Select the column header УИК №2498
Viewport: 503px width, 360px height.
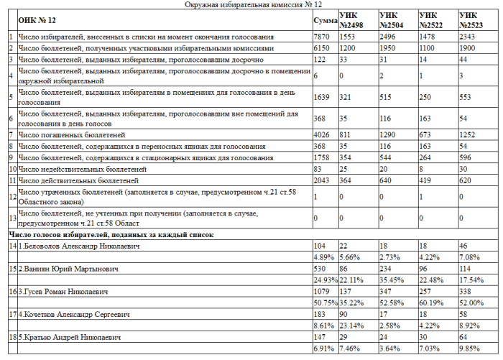351,19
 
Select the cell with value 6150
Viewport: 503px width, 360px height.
321,47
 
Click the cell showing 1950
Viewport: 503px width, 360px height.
387,47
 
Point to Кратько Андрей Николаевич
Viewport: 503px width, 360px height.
70,337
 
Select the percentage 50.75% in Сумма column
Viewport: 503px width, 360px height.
325,303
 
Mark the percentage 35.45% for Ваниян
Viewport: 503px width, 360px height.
392,280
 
